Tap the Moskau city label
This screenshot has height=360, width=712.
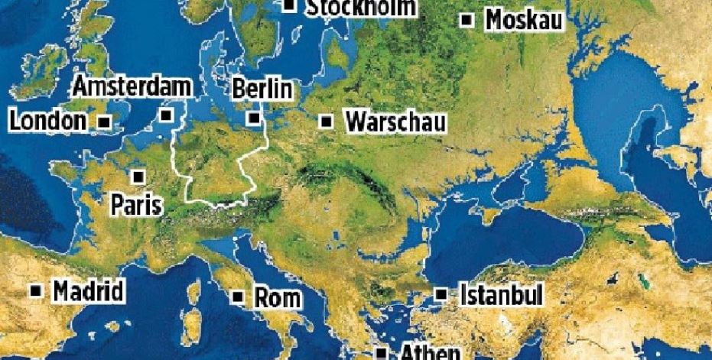pos(524,20)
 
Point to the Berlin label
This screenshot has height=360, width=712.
pos(262,89)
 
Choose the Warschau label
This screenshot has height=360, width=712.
pos(395,122)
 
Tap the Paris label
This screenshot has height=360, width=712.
pos(137,204)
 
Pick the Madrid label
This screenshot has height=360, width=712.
pos(88,291)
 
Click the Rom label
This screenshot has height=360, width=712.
pos(278,297)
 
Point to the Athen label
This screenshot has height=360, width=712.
pos(430,353)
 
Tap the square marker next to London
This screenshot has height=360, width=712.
pos(105,122)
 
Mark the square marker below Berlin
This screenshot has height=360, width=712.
pos(254,118)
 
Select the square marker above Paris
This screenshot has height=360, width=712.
pos(138,177)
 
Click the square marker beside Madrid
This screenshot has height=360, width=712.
pos(36,291)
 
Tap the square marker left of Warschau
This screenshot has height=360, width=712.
pos(327,122)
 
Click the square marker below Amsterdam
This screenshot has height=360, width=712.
pos(167,116)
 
